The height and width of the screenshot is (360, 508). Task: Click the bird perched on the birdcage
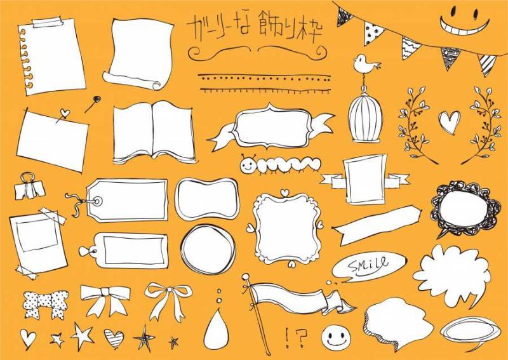(365, 63)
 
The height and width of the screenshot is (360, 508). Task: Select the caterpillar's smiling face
(248, 166)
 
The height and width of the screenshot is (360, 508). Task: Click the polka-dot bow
(46, 303)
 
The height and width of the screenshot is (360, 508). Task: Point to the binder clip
(29, 186)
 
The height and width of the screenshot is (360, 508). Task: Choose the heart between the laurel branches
(450, 121)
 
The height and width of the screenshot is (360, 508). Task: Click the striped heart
(114, 338)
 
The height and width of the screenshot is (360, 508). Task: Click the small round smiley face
(336, 338)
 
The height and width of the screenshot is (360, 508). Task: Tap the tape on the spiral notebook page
(47, 22)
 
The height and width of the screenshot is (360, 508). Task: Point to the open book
(154, 132)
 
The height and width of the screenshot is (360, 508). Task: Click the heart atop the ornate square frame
(284, 192)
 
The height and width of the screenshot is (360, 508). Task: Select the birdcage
(364, 114)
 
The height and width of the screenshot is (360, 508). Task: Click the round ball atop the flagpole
(246, 276)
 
